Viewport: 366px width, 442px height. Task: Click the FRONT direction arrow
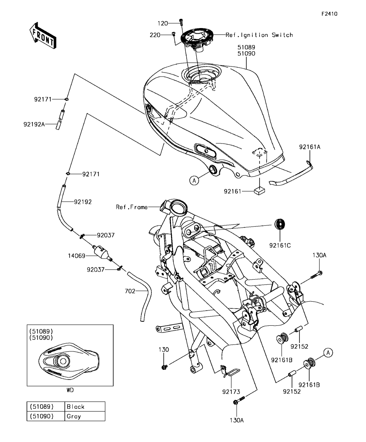[43, 36]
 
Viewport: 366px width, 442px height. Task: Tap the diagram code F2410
[330, 14]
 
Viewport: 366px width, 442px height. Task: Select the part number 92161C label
[280, 246]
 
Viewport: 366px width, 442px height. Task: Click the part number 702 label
[130, 291]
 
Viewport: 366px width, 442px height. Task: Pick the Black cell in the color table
[85, 406]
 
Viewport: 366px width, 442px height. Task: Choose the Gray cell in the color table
[85, 416]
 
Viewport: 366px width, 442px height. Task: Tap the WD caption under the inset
[70, 390]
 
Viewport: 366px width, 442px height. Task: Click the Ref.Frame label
[132, 207]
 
